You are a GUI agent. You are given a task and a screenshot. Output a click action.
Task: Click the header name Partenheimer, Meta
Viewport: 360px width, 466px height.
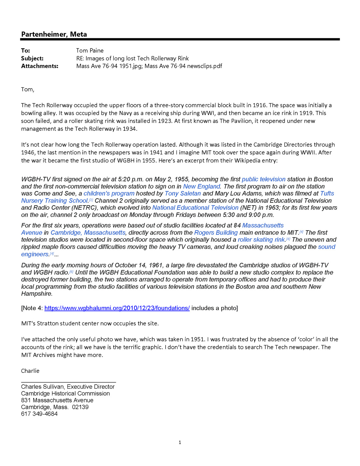tap(54, 34)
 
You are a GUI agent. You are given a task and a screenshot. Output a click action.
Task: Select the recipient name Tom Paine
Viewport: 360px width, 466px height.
tap(90, 51)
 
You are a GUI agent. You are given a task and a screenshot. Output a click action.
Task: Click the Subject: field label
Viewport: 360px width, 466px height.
tap(32, 58)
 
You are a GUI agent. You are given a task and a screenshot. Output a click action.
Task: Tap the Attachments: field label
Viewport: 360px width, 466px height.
tap(40, 66)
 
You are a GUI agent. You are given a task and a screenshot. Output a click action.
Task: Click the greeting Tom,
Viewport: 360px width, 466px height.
tap(28, 89)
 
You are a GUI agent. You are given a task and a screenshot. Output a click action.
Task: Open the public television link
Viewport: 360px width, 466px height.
tap(263, 179)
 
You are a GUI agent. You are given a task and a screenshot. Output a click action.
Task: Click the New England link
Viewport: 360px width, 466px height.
tap(202, 186)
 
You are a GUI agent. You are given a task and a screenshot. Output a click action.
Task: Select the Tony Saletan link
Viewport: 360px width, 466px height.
tap(183, 194)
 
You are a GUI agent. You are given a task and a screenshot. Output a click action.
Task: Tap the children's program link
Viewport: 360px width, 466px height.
tap(109, 194)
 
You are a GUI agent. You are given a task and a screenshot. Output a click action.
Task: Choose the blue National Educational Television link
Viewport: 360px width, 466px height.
tap(195, 208)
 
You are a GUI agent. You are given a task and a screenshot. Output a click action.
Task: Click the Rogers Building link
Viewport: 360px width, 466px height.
tap(216, 233)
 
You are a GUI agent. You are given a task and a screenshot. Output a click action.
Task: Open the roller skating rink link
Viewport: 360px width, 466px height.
tap(261, 240)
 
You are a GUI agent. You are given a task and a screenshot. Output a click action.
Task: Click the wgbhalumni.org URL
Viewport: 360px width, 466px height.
tap(117, 308)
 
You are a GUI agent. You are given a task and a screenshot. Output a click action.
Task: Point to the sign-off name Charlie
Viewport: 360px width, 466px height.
tap(30, 371)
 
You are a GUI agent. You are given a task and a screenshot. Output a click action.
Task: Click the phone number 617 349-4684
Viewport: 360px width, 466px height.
tap(39, 414)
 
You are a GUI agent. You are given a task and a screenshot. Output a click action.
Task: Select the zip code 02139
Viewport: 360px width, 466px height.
tap(80, 407)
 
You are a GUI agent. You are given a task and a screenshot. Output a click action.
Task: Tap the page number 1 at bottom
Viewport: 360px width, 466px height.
tap(180, 442)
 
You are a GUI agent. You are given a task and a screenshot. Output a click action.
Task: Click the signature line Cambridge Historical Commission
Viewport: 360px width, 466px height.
tap(66, 394)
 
